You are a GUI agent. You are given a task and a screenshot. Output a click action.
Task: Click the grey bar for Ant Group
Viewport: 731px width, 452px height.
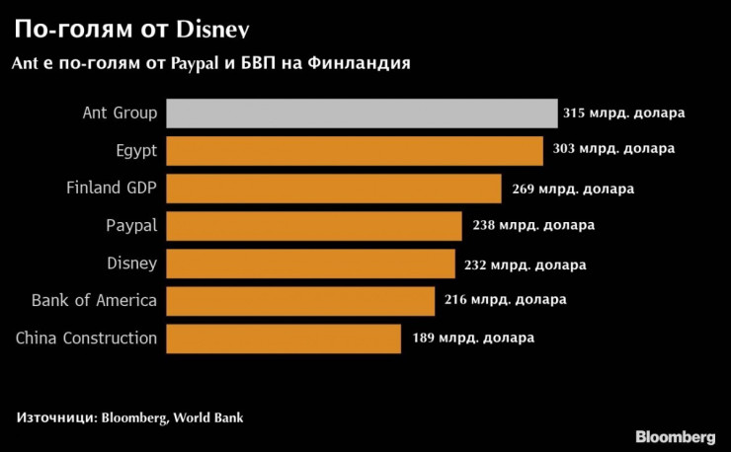tap(362, 113)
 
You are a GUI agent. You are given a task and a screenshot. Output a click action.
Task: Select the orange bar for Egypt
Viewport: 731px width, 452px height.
tap(355, 151)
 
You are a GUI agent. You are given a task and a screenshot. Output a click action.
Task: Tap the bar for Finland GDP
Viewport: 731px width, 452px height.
tap(334, 188)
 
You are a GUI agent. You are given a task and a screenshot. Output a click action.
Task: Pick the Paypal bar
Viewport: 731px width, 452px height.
tap(314, 226)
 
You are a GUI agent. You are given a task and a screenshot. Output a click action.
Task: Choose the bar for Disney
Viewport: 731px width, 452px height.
tap(310, 264)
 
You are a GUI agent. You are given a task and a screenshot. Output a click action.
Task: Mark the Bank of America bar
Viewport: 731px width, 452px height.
tap(300, 301)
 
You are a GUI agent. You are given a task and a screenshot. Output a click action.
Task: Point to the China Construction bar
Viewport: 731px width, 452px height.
tap(284, 339)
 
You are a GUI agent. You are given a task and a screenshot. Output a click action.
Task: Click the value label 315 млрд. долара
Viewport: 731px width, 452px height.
tap(623, 113)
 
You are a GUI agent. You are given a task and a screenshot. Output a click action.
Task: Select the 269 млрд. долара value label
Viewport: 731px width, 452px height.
tap(573, 188)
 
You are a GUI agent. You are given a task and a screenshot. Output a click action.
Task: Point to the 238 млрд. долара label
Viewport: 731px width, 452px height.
tap(533, 226)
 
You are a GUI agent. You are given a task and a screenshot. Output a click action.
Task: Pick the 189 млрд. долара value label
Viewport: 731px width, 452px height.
tap(473, 339)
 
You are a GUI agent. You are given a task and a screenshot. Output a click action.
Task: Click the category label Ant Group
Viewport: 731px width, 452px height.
tap(120, 113)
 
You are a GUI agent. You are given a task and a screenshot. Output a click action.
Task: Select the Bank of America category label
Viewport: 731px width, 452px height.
tap(94, 301)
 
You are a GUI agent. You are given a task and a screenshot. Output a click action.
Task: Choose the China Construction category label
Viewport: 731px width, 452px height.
tap(86, 339)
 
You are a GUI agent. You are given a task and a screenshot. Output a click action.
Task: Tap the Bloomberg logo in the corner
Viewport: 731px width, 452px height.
tap(675, 436)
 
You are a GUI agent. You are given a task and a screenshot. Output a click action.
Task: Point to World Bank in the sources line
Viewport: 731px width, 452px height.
tap(207, 418)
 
